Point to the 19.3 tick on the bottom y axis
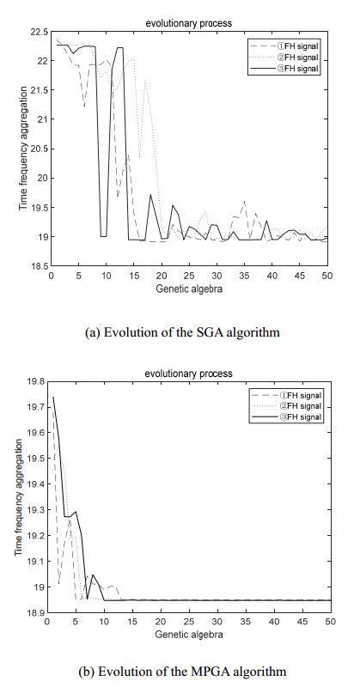click(37, 508)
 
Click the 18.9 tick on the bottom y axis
click(37, 611)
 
